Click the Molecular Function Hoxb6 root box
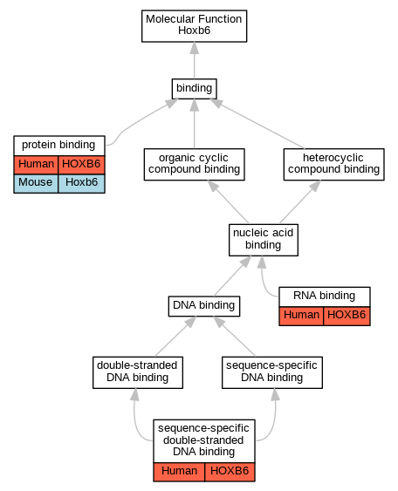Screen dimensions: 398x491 [194, 26]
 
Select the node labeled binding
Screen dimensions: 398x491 [194, 89]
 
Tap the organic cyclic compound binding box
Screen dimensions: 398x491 [194, 165]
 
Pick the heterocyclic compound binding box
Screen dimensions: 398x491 [333, 165]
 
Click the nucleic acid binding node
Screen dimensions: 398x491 [264, 240]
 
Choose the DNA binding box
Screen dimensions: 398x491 [204, 306]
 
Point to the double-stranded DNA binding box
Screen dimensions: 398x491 [138, 372]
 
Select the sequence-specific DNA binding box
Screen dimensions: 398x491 [272, 372]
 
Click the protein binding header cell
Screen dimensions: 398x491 [59, 146]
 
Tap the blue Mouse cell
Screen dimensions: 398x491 [36, 183]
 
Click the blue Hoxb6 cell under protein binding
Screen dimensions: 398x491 [81, 183]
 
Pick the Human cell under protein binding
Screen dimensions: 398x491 [36, 165]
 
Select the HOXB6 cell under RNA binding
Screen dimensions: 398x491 [347, 316]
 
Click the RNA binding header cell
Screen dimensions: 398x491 [325, 297]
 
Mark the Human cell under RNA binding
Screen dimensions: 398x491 [301, 316]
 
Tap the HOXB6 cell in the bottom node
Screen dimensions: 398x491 [230, 472]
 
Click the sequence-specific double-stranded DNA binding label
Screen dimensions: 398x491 [203, 440]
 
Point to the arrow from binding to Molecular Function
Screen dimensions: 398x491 [195, 60]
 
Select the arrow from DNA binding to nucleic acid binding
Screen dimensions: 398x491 [232, 276]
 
